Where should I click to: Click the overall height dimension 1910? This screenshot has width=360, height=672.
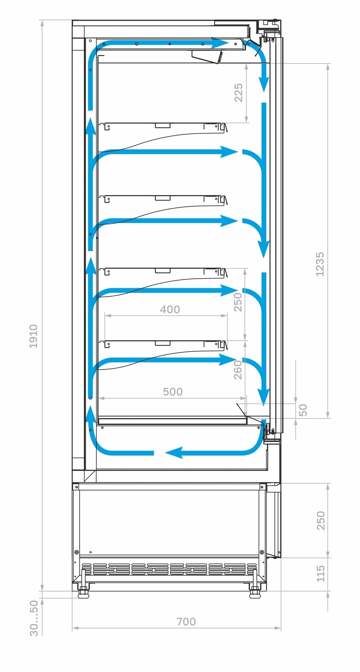pyautogui.click(x=34, y=336)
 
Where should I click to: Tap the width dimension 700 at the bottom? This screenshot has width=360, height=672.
pyautogui.click(x=186, y=622)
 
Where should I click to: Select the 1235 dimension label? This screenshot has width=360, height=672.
pyautogui.click(x=320, y=264)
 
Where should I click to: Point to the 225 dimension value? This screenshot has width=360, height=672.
pyautogui.click(x=238, y=93)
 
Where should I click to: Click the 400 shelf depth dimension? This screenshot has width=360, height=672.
pyautogui.click(x=170, y=309)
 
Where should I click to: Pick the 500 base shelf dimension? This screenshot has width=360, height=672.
pyautogui.click(x=172, y=392)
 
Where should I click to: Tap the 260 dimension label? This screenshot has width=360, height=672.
pyautogui.click(x=238, y=370)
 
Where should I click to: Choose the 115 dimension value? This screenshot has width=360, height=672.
pyautogui.click(x=321, y=574)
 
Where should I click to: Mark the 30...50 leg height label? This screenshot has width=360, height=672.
pyautogui.click(x=34, y=618)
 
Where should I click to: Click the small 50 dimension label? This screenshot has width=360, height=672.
pyautogui.click(x=303, y=410)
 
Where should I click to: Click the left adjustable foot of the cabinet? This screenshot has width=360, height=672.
pyautogui.click(x=83, y=591)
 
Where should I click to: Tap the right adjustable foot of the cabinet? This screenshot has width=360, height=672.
pyautogui.click(x=255, y=591)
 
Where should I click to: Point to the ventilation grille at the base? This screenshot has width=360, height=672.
pyautogui.click(x=169, y=568)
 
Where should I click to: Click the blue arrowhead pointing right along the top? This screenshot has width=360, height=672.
pyautogui.click(x=220, y=43)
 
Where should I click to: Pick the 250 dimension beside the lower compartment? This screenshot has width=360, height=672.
pyautogui.click(x=321, y=520)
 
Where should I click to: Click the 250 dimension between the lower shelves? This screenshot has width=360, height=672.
pyautogui.click(x=238, y=302)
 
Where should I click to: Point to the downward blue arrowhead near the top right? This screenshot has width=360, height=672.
pyautogui.click(x=264, y=84)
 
